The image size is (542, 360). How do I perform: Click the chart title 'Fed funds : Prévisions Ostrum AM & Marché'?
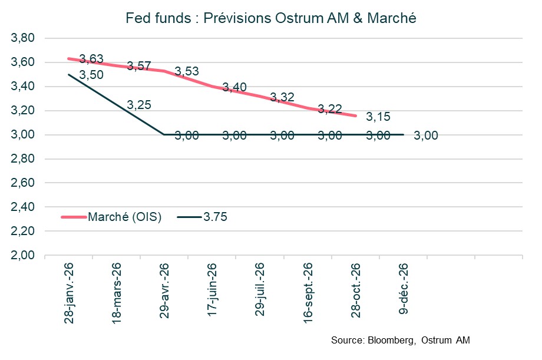tap(271, 18)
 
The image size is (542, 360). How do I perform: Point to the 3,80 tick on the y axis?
tap(24, 38)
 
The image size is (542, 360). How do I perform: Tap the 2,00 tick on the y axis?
tap(24, 256)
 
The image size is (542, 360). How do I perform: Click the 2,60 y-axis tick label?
tap(24, 183)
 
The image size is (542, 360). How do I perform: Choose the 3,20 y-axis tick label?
tap(24, 111)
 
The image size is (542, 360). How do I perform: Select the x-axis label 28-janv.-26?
tap(68, 290)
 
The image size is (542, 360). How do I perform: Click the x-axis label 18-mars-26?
tap(116, 290)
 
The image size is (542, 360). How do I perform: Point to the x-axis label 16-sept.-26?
tap(307, 290)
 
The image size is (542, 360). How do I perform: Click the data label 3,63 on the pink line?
tap(91, 59)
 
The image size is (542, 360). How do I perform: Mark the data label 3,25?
tap(139, 105)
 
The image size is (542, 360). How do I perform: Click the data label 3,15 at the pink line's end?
tap(378, 117)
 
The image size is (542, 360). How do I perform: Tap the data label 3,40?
tap(234, 88)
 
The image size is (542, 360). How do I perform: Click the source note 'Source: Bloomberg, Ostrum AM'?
tap(401, 341)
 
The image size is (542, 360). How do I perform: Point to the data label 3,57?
tap(139, 65)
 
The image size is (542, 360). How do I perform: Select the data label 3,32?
tap(282, 97)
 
